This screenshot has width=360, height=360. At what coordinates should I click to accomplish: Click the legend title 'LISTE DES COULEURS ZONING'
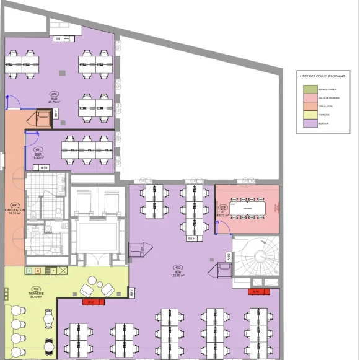322,76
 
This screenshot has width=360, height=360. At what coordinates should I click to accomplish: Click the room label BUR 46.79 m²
54,99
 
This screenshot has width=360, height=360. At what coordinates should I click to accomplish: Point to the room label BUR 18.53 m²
38,153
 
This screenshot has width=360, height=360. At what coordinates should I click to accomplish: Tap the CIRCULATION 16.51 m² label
15,209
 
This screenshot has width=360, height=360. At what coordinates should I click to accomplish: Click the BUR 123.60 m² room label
178,273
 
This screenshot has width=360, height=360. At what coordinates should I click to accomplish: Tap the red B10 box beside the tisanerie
90,302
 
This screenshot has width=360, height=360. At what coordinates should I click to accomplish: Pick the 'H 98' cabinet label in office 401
43,168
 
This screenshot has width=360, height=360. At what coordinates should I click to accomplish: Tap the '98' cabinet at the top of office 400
58,39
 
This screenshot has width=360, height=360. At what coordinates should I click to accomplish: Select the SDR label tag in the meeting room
223,208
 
